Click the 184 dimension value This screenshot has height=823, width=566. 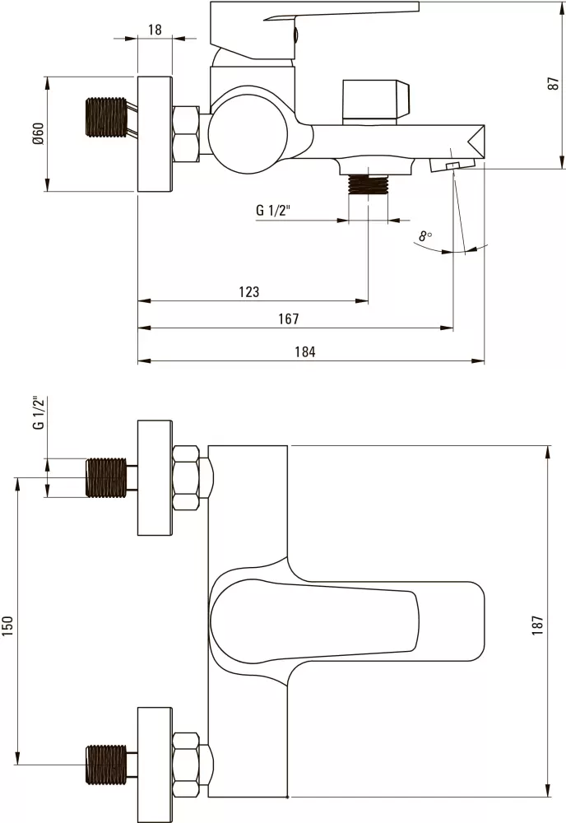(304, 351)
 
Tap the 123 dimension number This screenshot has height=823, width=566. (248, 291)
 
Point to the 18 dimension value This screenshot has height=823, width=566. (155, 30)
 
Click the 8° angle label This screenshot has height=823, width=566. (424, 236)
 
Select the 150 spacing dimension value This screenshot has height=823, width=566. (9, 625)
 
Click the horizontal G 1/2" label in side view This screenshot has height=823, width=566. (275, 211)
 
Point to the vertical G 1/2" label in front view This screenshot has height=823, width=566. (37, 413)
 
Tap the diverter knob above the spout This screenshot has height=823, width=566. (375, 102)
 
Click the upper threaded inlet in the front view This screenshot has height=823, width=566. (107, 477)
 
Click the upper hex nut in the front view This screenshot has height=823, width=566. (187, 477)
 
